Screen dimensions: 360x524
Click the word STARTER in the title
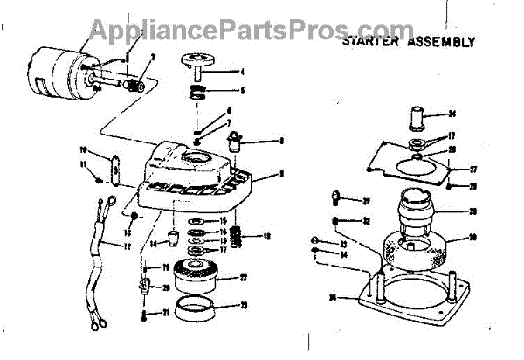[370, 41]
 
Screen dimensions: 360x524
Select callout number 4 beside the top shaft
[242, 71]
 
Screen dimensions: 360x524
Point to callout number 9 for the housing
[281, 175]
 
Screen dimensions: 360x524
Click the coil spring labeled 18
[234, 238]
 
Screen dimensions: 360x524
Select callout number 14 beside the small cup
[152, 244]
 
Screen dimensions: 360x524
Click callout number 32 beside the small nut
[368, 221]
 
